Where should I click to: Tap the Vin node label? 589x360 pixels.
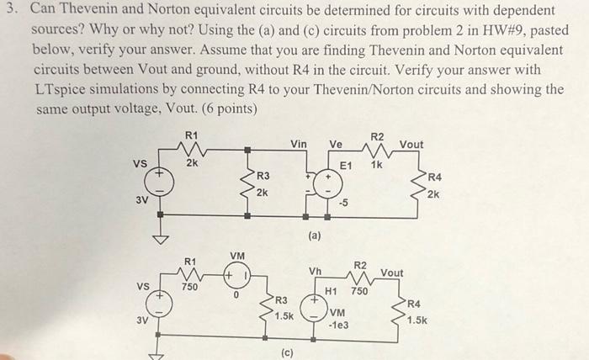[299, 145]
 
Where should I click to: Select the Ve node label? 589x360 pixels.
[335, 145]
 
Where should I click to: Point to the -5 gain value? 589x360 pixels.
[343, 202]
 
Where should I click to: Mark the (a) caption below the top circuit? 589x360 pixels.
[314, 238]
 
